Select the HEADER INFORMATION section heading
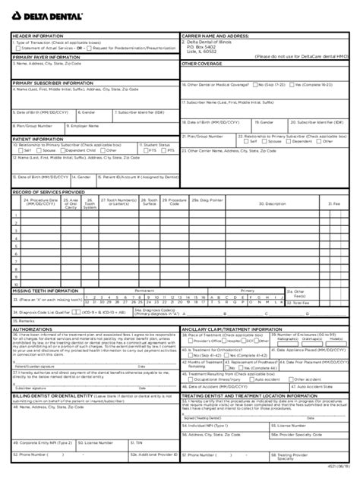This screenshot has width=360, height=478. [x=35, y=35]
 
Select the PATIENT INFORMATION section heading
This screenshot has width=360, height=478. [x=36, y=138]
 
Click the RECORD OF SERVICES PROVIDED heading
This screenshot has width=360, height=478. [x=48, y=192]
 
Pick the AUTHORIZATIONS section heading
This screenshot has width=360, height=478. [x=34, y=329]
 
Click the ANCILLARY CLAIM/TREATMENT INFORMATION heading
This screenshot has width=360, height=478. [x=230, y=329]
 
